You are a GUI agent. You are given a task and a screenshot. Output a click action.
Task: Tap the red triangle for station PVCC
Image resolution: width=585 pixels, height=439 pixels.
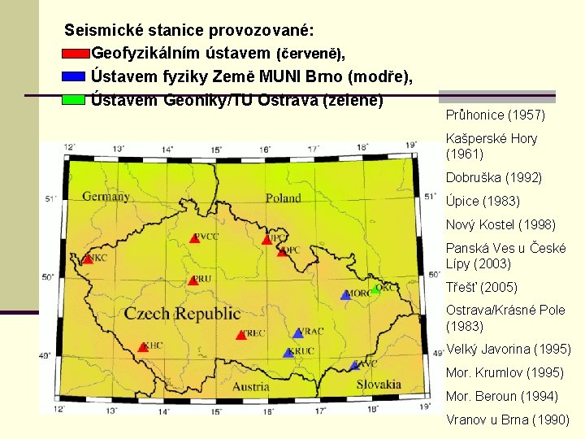click(194, 238)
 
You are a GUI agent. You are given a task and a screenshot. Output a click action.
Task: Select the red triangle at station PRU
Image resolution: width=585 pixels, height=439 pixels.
click(193, 280)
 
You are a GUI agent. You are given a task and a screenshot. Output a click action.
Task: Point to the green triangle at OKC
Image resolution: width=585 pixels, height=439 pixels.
click(375, 289)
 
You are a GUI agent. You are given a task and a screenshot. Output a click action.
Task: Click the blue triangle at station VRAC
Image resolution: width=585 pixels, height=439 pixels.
click(298, 333)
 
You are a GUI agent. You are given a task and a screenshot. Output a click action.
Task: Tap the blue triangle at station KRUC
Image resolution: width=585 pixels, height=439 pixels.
click(288, 353)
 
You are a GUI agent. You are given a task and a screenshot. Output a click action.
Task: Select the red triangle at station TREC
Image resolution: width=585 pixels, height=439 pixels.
click(240, 335)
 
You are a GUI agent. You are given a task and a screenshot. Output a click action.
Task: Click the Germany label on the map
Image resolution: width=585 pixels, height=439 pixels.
click(106, 197)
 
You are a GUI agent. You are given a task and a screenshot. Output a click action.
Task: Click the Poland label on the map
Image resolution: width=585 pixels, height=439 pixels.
click(283, 198)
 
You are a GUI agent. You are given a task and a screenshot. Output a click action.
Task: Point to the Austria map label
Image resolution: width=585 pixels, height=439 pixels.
click(251, 386)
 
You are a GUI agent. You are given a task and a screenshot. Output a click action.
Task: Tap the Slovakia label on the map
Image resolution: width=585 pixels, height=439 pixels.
click(378, 384)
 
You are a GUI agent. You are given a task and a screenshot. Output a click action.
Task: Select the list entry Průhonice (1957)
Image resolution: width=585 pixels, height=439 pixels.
click(495, 115)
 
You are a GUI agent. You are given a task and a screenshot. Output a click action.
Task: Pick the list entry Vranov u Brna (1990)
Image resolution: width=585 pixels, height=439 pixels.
click(507, 419)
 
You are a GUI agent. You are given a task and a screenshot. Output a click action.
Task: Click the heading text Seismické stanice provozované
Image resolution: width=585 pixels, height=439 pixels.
click(189, 31)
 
